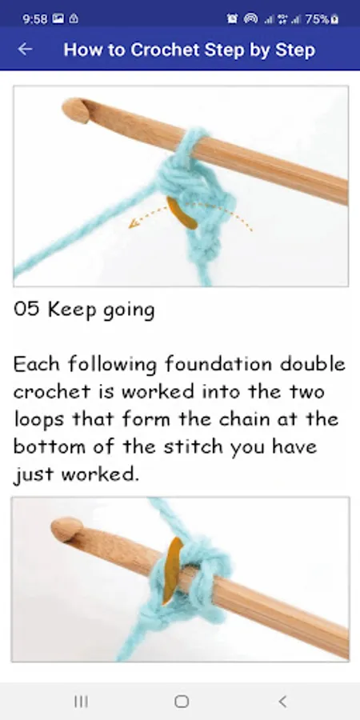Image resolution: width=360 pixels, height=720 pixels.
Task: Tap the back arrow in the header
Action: (25, 49)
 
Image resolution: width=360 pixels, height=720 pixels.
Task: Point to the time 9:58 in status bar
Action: (35, 19)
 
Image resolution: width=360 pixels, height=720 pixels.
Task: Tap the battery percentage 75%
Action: (318, 19)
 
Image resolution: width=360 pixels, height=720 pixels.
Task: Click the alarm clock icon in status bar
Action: (232, 19)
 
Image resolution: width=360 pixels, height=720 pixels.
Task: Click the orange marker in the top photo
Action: (182, 213)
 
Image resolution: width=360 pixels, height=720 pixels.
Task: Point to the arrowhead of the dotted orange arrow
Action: (133, 224)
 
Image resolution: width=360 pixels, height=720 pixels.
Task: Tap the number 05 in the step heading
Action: (26, 310)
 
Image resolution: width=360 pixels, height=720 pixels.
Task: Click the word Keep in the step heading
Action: (72, 310)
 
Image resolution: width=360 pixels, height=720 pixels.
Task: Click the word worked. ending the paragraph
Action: (100, 474)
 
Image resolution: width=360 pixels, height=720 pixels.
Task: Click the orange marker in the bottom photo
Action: (172, 570)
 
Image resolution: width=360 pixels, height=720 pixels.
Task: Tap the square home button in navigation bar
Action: (182, 701)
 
